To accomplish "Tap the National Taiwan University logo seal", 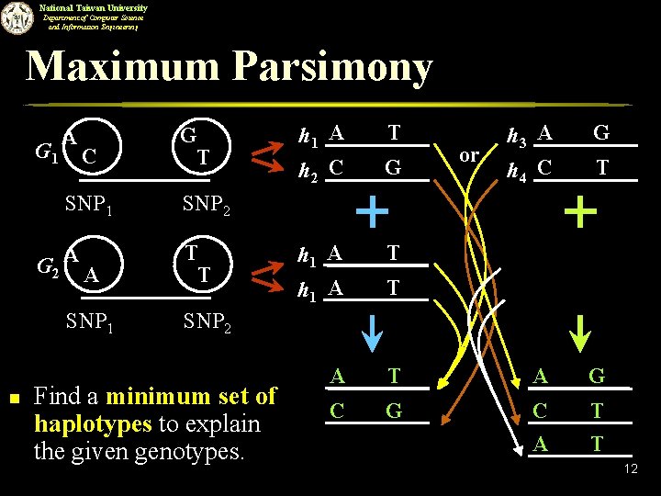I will point(16,17).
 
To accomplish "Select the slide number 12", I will point(630,470).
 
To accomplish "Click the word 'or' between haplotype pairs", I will point(468,155).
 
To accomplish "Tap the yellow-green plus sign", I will point(580,213).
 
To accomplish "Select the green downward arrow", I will point(581,331).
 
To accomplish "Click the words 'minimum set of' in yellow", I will point(191,397).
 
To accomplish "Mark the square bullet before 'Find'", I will point(11,397).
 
